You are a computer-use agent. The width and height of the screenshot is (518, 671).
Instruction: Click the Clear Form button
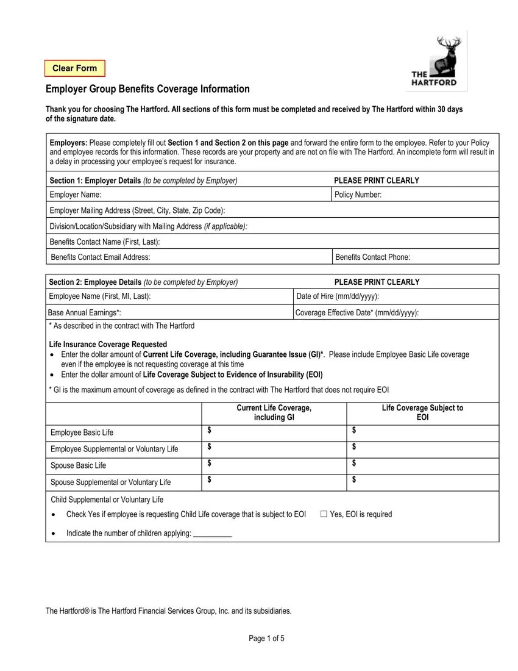pos(74,68)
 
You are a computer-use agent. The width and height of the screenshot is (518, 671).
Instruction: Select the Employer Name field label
pos(75,195)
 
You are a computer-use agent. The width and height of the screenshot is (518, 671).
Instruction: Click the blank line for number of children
pos(212,534)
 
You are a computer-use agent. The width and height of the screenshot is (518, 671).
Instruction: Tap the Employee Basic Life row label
pos(82,432)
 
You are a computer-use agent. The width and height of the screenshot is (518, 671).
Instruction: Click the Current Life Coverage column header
pos(274,412)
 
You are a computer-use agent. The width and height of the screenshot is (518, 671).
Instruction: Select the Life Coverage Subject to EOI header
pos(422,412)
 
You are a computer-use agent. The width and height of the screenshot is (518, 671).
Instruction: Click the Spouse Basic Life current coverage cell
pos(274,465)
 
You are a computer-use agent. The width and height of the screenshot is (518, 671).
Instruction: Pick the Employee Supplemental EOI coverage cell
pos(422,448)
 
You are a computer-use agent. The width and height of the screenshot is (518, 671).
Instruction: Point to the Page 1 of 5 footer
pos(267,639)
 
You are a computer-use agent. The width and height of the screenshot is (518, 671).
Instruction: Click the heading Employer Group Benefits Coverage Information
pos(147,89)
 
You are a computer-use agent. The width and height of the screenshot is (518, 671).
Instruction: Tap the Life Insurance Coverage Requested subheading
pos(108,344)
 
